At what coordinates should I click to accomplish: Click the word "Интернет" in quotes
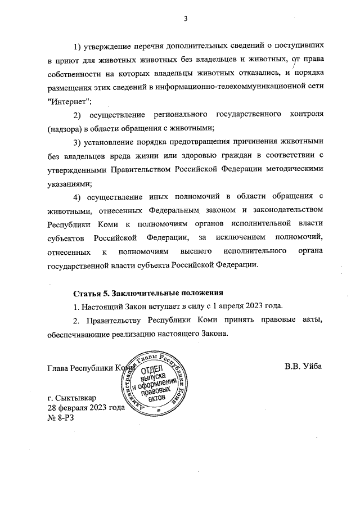click(69, 101)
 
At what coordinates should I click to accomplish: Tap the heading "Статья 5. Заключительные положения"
click(149, 292)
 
